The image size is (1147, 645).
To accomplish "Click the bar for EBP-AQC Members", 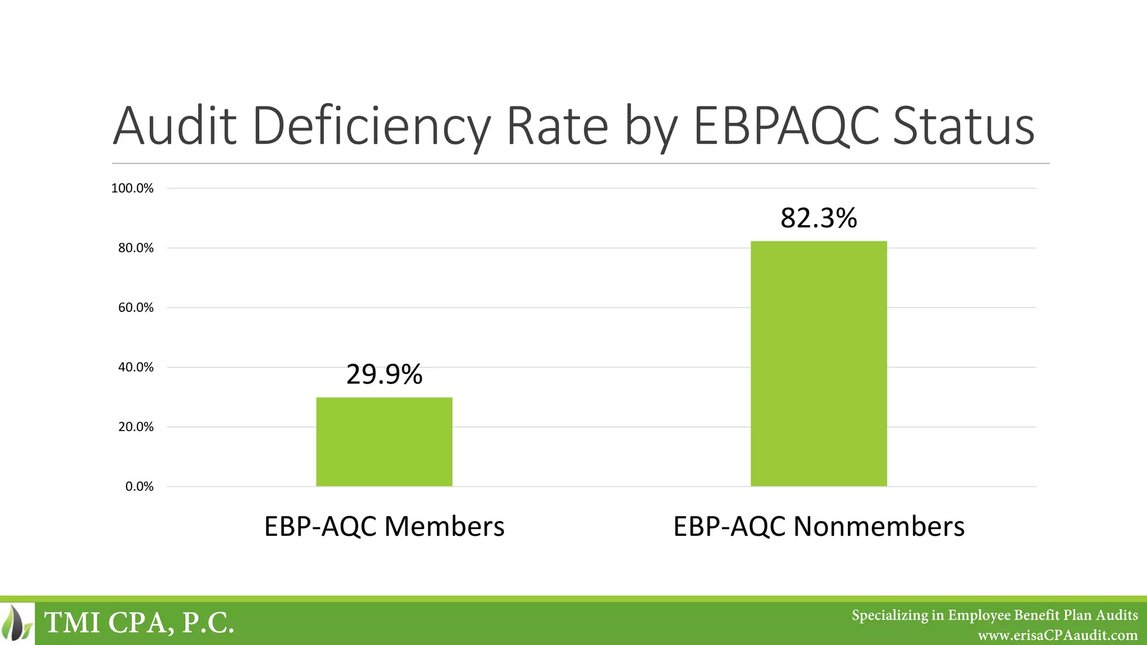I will [384, 442].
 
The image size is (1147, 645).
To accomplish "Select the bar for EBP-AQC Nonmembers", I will [819, 363].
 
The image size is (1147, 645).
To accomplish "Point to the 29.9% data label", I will [384, 375].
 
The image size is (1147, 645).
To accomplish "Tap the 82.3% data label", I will [818, 218].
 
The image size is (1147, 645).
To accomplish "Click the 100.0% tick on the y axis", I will [132, 188].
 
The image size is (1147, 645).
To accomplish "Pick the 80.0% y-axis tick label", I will [136, 248].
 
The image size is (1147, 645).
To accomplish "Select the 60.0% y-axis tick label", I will [136, 307].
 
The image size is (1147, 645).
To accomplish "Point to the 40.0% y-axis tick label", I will [136, 367].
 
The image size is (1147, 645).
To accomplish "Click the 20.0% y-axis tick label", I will [136, 427].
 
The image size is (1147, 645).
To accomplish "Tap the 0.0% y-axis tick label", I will [139, 487].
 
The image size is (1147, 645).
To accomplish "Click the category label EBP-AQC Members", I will [384, 526].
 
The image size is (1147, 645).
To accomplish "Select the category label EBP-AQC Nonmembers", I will [819, 526].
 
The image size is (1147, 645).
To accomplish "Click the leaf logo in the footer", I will [17, 623].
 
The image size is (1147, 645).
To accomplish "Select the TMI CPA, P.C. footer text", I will [139, 623].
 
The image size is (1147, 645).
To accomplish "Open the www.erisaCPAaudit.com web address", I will [1057, 635].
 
